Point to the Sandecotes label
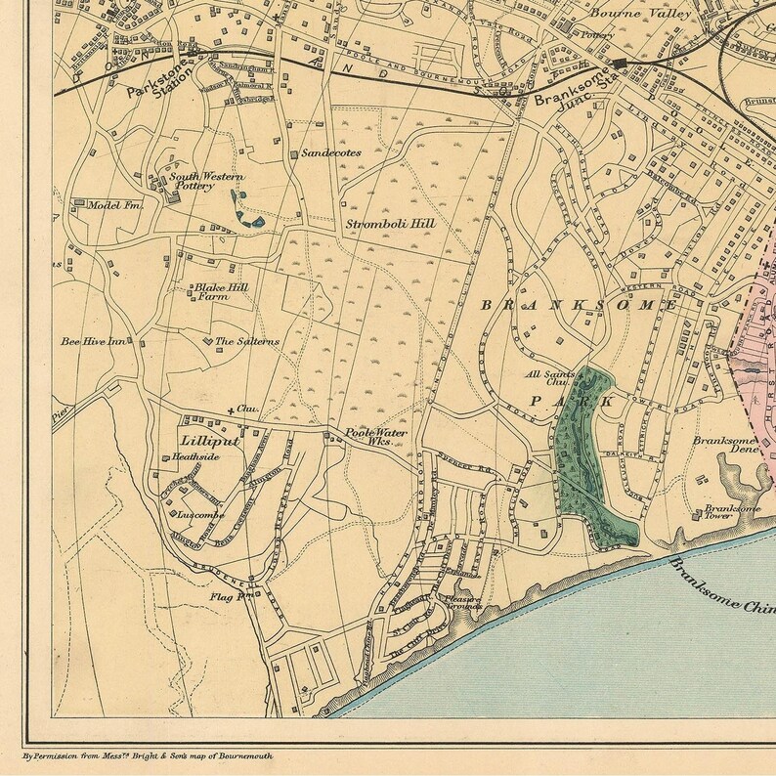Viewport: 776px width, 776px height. pos(331,153)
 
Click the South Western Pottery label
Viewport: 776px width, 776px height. pos(193,181)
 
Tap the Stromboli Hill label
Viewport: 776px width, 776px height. pos(390,223)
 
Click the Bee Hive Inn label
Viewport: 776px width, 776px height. pos(94,342)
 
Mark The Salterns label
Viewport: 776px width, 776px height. pos(246,341)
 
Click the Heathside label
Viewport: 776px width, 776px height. pos(192,456)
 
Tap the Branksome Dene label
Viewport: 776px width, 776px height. pos(725,446)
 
